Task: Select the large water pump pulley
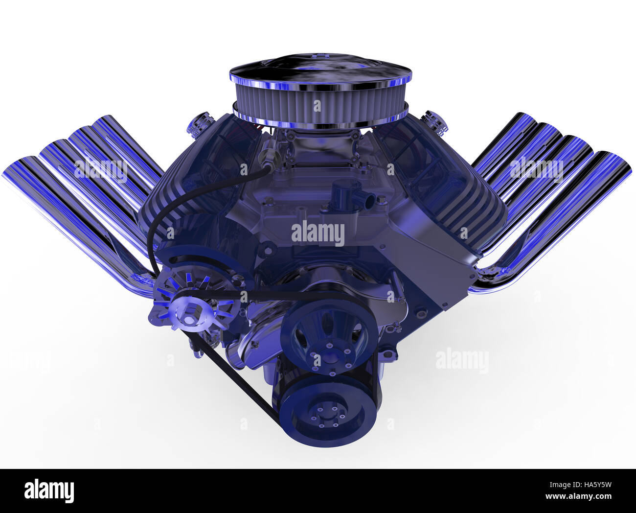329,336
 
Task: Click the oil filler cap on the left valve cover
200,125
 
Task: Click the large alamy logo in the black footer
49,490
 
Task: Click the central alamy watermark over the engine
318,233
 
